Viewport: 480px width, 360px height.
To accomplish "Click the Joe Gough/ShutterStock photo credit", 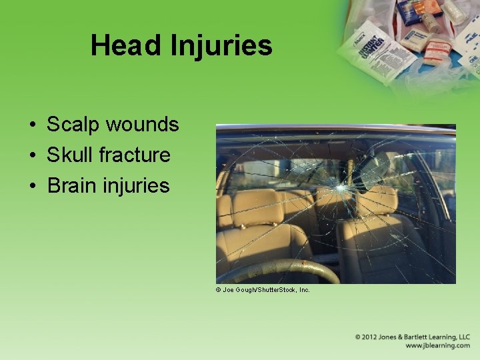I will (x=263, y=290).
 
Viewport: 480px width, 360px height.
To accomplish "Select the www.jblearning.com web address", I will (x=437, y=346).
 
